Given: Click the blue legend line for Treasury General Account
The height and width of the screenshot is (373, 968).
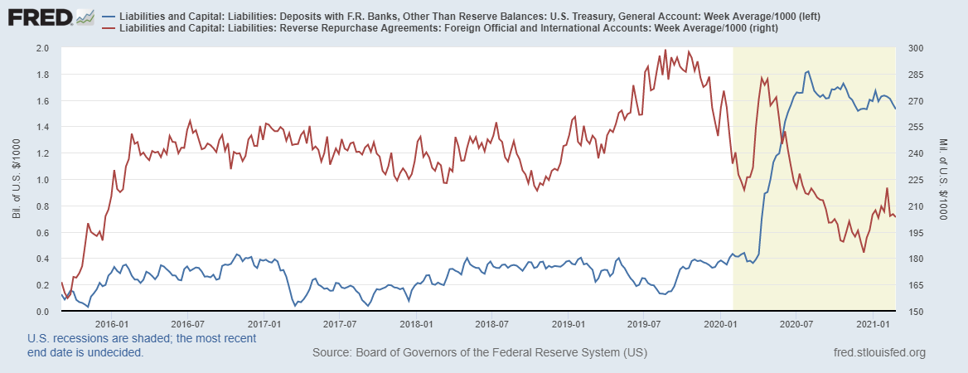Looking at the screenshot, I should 108,17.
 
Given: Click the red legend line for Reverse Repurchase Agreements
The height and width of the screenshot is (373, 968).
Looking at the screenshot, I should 108,28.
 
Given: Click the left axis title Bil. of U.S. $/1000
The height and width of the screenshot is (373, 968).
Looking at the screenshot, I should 17,180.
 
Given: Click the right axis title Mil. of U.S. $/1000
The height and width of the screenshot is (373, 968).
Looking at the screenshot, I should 944,180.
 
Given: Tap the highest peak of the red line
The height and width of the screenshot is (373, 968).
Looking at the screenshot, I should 665,50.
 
